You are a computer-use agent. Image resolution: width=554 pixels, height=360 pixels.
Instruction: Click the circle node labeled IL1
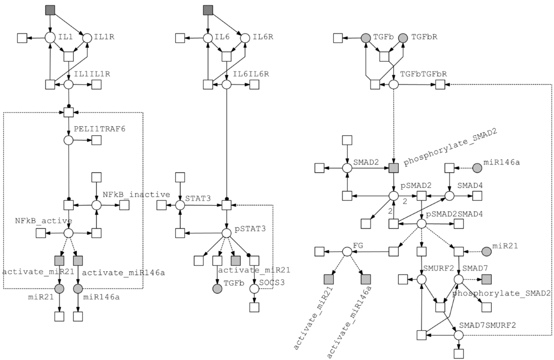click(x=50, y=38)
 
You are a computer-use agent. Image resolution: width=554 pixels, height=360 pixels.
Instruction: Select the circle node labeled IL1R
click(x=86, y=38)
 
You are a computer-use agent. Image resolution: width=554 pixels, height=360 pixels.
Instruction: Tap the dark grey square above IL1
click(x=50, y=10)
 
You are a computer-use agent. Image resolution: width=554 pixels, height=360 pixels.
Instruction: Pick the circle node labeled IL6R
click(x=245, y=38)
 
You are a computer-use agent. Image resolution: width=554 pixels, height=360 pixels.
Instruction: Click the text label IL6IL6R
click(x=250, y=74)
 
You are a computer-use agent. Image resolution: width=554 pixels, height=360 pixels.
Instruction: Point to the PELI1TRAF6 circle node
click(x=69, y=140)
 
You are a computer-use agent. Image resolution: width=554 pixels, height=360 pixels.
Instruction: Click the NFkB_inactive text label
click(x=136, y=194)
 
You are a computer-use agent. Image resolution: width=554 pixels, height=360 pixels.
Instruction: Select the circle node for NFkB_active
click(x=69, y=233)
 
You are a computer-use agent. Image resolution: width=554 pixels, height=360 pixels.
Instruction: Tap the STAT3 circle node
click(x=180, y=205)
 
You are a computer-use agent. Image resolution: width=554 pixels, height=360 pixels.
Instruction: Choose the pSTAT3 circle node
click(x=227, y=233)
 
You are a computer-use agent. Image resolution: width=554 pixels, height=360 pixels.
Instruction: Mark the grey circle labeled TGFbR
click(x=403, y=38)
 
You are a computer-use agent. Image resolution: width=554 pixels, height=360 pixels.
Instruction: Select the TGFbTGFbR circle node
click(x=394, y=84)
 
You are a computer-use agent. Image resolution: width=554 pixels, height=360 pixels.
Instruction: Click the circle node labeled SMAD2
click(x=347, y=168)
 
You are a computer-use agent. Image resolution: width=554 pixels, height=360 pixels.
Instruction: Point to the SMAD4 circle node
click(x=449, y=195)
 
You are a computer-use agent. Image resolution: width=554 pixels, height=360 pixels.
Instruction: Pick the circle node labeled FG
click(x=347, y=251)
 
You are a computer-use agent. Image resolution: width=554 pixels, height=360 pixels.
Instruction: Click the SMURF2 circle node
click(x=421, y=279)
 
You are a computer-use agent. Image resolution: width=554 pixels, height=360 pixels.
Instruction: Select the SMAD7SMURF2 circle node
click(x=458, y=335)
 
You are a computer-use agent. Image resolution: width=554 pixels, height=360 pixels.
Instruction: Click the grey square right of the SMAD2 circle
click(x=393, y=168)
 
